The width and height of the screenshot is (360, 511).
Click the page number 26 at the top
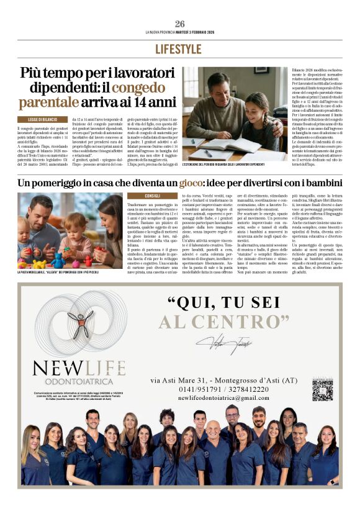point(179,24)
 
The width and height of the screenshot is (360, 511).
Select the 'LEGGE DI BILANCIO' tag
point(42,119)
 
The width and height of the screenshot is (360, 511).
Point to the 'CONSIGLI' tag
point(152,196)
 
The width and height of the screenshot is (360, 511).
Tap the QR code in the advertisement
point(322,389)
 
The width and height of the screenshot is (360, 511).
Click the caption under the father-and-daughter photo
point(224,165)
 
